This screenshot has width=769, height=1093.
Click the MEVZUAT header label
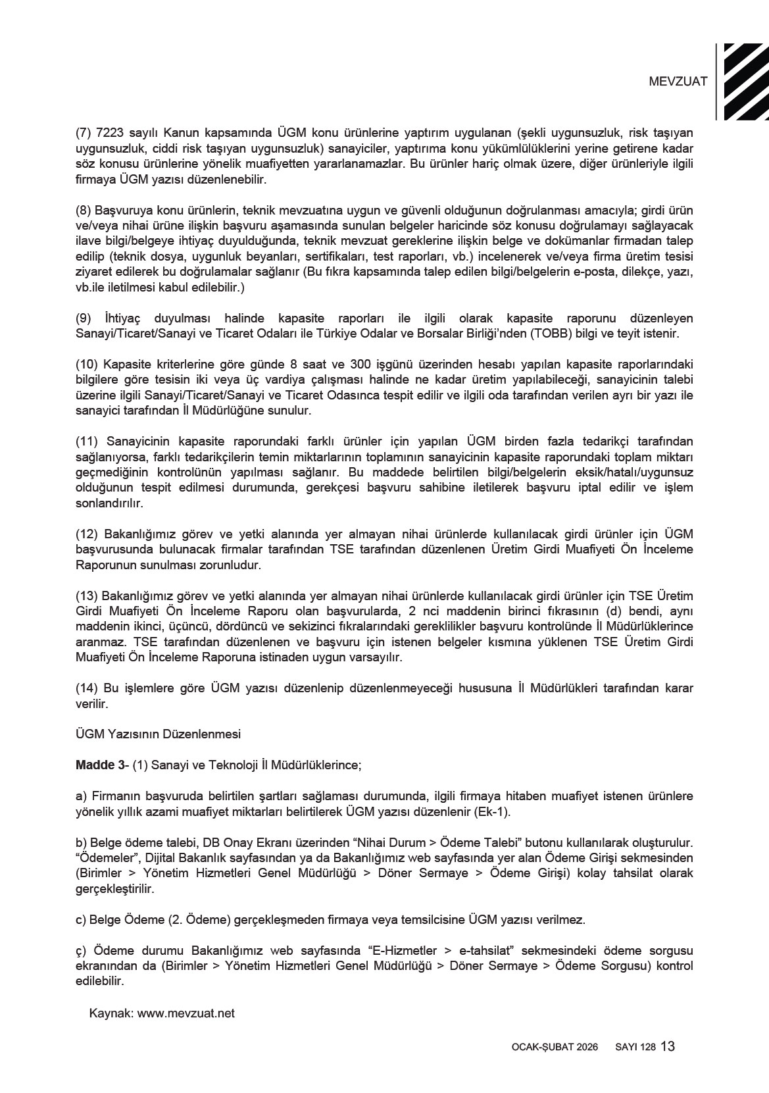click(x=678, y=82)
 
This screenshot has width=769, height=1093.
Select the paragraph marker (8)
click(x=84, y=211)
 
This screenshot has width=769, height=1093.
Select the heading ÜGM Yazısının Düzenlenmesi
click(x=159, y=734)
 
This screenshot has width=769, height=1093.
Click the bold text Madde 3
click(x=100, y=765)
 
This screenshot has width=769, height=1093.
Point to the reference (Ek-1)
click(x=491, y=811)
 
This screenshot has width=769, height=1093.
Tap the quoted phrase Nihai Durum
click(x=387, y=843)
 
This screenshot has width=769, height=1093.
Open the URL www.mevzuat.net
click(x=186, y=1013)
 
